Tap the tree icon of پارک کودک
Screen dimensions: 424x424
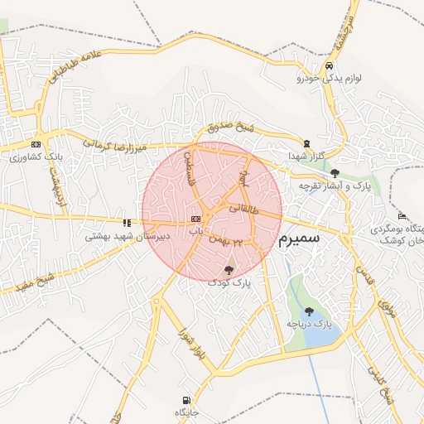229,269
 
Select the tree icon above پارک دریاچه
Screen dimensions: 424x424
309,311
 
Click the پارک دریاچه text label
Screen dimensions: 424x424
309,324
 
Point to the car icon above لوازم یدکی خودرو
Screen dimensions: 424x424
330,65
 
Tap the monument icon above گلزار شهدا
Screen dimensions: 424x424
307,143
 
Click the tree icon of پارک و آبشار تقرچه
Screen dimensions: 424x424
335,173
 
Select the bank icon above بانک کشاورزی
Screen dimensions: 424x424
35,143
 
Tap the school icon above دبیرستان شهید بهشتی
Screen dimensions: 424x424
127,222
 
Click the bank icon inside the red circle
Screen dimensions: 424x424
195,219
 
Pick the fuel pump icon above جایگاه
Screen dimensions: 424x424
183,399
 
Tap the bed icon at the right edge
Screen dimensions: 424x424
402,216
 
